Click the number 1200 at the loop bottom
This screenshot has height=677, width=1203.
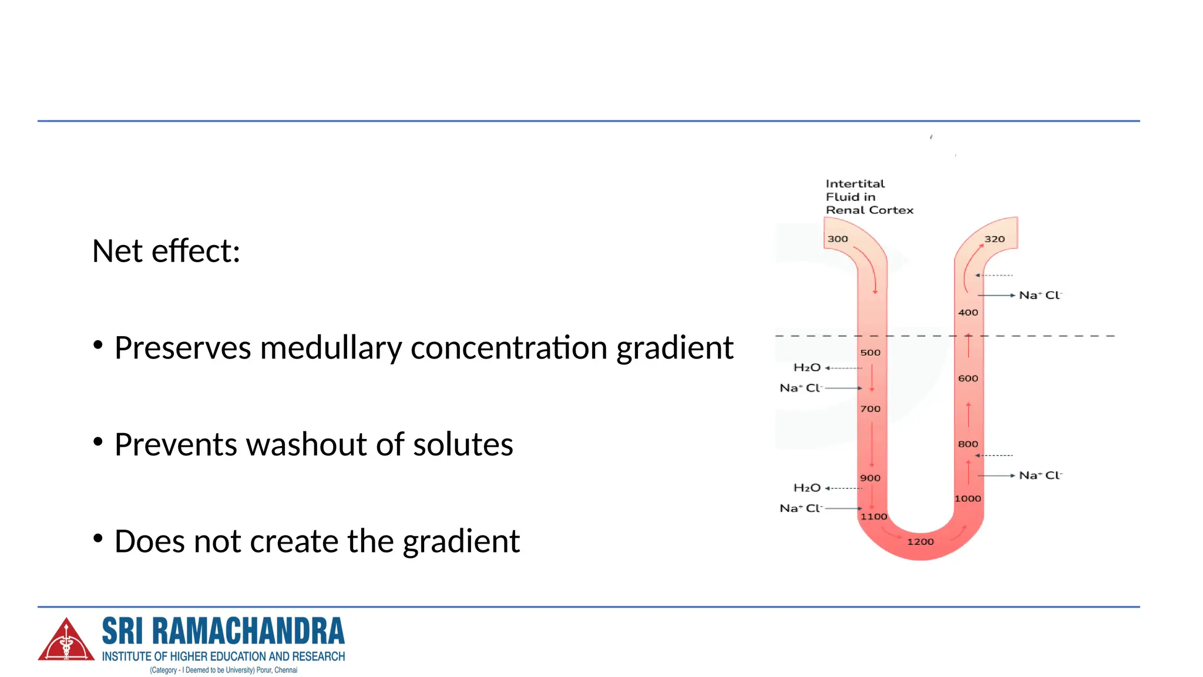pos(920,542)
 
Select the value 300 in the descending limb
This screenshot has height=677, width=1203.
pos(838,239)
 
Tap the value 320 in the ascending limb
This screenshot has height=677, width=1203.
pos(994,239)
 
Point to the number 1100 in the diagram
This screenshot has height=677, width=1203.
pos(873,517)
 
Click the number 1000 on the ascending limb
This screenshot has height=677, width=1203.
pos(967,499)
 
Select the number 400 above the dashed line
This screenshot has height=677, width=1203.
pos(968,313)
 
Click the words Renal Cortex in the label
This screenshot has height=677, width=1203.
pos(869,210)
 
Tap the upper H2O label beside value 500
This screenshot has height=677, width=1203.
pos(807,368)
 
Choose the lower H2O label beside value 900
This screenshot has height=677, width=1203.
pos(807,488)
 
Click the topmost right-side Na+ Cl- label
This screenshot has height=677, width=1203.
pos(1040,296)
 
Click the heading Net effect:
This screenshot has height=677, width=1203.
pos(166,252)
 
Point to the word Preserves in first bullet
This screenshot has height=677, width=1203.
pos(182,348)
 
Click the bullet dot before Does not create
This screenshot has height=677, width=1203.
pos(98,538)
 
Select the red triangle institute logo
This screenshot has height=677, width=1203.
pos(66,641)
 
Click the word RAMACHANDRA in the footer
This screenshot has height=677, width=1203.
pos(248,632)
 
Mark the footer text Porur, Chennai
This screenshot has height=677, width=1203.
pos(277,671)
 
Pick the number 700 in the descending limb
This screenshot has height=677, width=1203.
pos(870,409)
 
